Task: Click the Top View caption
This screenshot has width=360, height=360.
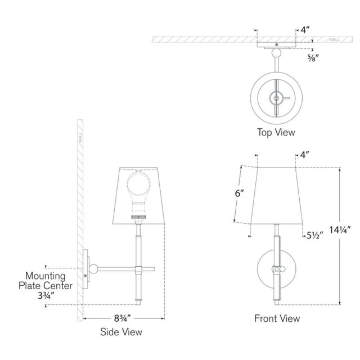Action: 276,133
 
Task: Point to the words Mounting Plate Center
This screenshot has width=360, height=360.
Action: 48,281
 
